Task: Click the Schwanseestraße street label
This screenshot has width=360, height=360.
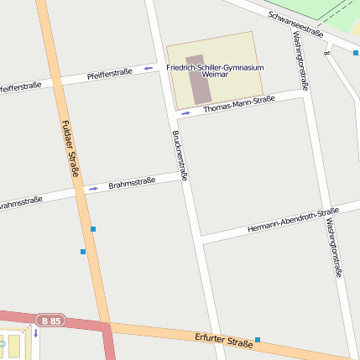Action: [296, 24]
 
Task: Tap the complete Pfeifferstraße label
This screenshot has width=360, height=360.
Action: [110, 75]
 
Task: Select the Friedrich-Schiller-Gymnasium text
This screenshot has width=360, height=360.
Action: [215, 66]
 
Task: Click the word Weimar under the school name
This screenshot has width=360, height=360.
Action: [215, 75]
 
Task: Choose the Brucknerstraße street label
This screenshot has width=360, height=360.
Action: [179, 155]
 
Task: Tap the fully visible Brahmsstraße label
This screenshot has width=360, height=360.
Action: [132, 182]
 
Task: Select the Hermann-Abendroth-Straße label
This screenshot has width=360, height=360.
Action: [293, 220]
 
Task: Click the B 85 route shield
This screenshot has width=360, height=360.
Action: [50, 320]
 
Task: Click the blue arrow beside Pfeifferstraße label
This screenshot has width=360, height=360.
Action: [149, 68]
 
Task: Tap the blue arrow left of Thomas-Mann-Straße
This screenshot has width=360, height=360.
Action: [186, 113]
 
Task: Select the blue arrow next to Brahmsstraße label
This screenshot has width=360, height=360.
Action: [93, 188]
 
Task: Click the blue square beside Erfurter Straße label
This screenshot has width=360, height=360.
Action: [258, 340]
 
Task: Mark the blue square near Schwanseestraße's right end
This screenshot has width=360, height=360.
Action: [356, 53]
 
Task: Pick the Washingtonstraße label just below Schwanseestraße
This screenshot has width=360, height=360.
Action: [301, 60]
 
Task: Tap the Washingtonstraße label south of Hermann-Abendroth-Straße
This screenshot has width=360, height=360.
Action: [334, 247]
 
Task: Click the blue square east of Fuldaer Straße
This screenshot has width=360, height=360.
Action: [93, 229]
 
